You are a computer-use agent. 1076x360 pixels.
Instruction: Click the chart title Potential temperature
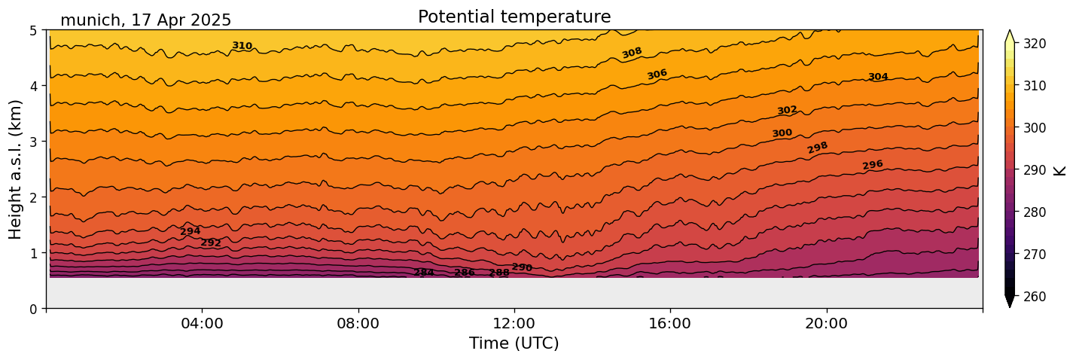[514, 17]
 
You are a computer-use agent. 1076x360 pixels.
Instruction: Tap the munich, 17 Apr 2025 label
[145, 20]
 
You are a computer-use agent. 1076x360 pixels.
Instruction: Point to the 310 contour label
[242, 46]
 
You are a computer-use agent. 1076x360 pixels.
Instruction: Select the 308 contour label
[632, 53]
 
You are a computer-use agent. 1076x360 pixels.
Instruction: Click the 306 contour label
[657, 75]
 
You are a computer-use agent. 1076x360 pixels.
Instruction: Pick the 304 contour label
[878, 77]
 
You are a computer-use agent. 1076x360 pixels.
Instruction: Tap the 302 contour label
[787, 111]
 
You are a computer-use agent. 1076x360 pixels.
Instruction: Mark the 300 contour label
[782, 133]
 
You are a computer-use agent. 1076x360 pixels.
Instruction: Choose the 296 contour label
[873, 165]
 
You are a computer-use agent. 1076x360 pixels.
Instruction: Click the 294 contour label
[190, 231]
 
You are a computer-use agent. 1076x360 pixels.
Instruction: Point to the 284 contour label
[424, 273]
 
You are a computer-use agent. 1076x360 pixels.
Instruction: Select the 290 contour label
[522, 267]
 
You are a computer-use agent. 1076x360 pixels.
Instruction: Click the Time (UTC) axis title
[514, 344]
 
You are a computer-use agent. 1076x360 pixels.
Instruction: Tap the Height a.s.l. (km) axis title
[16, 169]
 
